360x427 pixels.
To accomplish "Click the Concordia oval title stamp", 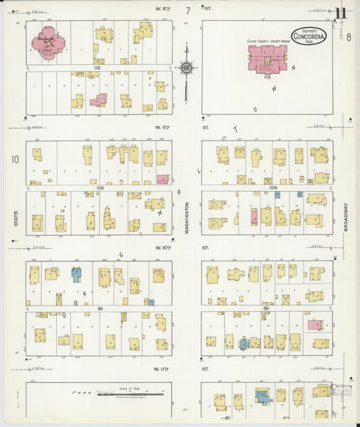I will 309,36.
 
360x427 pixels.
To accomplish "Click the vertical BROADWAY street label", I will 344,219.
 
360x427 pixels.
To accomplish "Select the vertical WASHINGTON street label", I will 187,219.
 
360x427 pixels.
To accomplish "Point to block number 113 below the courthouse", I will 267,78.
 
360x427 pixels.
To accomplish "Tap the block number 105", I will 99,188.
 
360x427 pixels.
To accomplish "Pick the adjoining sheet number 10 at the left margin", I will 14,159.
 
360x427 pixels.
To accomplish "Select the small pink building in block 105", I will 162,179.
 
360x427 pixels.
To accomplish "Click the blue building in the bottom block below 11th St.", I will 261,397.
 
